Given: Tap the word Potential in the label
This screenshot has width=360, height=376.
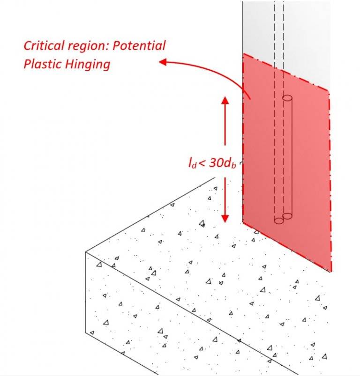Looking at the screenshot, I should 141,46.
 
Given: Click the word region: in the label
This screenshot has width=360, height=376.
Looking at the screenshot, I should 87,46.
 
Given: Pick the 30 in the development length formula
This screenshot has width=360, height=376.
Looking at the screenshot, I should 215,162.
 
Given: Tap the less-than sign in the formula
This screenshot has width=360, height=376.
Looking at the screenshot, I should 202,163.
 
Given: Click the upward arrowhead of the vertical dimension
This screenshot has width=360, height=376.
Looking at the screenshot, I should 225,100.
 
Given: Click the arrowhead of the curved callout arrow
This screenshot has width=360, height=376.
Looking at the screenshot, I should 163,62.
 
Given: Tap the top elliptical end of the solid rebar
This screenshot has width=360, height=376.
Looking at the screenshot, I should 287,98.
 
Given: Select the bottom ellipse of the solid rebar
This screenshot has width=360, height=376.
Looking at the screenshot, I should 287,216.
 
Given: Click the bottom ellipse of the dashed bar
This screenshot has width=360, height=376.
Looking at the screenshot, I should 279,221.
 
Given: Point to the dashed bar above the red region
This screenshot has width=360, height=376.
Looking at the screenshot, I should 279,28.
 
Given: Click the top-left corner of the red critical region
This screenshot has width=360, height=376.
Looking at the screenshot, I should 243,54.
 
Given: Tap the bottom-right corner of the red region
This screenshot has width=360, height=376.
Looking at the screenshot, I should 331,271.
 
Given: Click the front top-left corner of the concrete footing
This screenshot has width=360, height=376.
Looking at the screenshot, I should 86,252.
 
